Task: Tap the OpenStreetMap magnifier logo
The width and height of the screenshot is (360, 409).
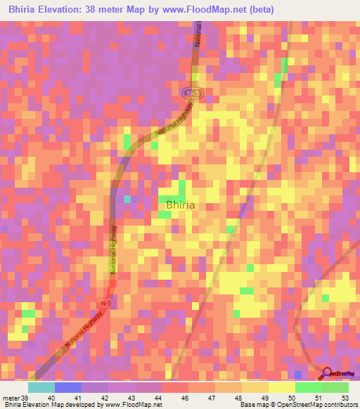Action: pyautogui.click(x=326, y=375)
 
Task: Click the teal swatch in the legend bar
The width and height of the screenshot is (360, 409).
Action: pyautogui.click(x=41, y=387)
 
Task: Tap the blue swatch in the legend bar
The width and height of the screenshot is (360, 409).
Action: pyautogui.click(x=67, y=387)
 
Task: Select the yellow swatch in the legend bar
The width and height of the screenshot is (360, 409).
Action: pyautogui.click(x=281, y=387)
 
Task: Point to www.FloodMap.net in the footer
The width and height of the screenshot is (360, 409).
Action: pyautogui.click(x=134, y=405)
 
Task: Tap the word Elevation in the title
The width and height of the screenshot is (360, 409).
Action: pyautogui.click(x=58, y=10)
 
